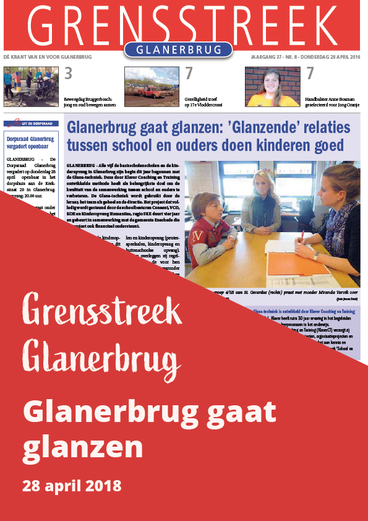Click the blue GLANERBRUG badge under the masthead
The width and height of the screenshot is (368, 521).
[178, 50]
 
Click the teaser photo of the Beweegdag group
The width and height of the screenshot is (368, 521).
[31, 87]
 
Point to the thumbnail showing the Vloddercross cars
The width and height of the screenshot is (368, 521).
[152, 87]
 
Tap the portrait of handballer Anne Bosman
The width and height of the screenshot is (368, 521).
[272, 87]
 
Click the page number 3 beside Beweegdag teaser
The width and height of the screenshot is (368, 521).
[69, 74]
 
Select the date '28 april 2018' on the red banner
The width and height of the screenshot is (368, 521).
[72, 485]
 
